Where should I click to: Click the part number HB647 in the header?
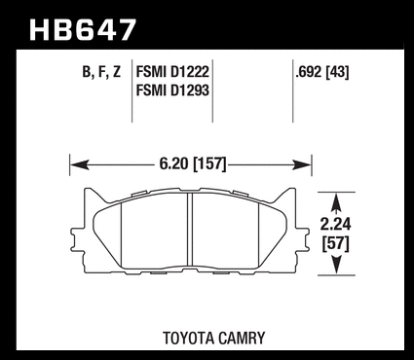click(82, 30)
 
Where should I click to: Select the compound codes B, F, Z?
click(101, 72)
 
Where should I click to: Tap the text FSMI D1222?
click(172, 71)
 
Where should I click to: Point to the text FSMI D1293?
click(172, 90)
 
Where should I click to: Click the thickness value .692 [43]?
click(321, 71)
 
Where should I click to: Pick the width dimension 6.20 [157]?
click(192, 163)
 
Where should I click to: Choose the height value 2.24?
click(336, 224)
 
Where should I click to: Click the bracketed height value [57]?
click(336, 243)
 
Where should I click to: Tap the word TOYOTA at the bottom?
click(189, 338)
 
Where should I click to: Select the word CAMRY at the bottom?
click(242, 338)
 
